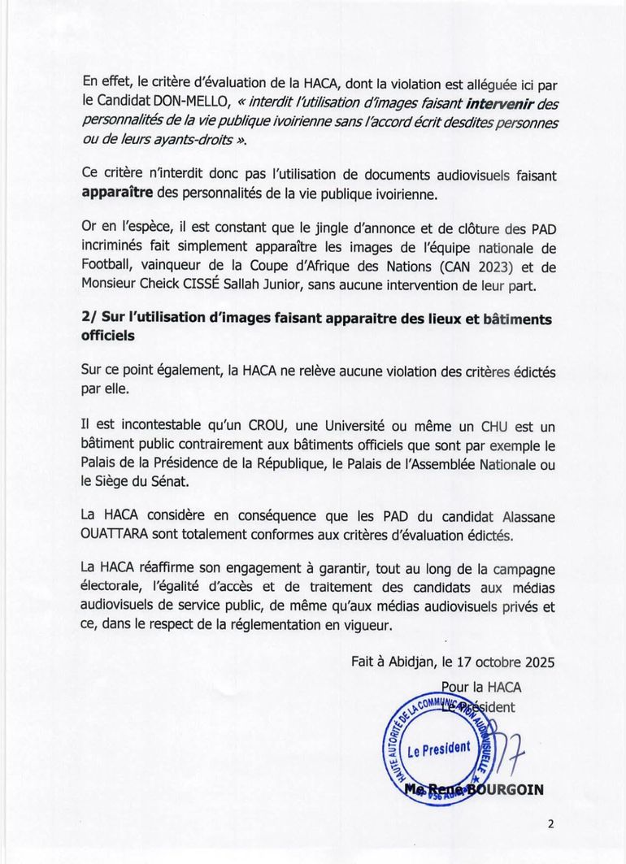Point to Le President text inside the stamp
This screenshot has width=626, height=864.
pos(438,748)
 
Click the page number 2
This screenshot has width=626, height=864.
pos(550,823)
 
